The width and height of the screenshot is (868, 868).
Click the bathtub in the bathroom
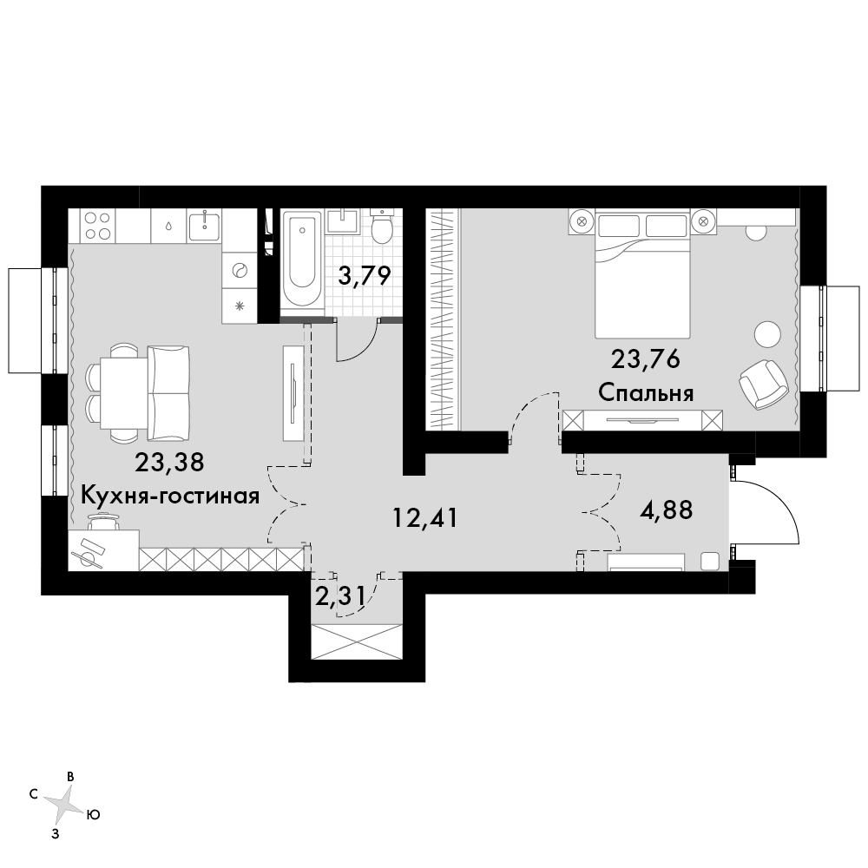point(301,258)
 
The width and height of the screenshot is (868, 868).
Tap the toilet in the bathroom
point(381,227)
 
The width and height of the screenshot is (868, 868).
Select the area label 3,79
point(365,275)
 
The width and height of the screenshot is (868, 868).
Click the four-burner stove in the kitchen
point(97,226)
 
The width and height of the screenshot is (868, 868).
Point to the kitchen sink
point(205,226)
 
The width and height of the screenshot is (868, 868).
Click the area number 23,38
point(169,462)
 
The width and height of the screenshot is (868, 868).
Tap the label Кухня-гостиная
point(170,496)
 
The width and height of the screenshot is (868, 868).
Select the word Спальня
point(646,393)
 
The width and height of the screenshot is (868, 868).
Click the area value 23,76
point(646,359)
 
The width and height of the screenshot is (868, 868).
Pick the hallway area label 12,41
point(425,517)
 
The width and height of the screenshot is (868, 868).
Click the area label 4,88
point(666,510)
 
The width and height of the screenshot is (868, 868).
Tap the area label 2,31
point(340,597)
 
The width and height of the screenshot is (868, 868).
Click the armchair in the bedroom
point(763,385)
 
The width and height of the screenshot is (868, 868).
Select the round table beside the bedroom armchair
point(767,334)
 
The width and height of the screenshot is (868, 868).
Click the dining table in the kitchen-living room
point(123,393)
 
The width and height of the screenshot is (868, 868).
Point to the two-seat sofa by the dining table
point(168,393)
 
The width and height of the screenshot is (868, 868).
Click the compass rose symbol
point(64,803)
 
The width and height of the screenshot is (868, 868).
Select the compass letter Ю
point(94,815)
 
